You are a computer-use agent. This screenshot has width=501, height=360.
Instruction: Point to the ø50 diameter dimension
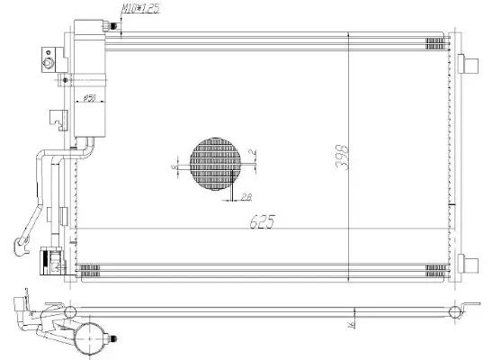tap(90, 97)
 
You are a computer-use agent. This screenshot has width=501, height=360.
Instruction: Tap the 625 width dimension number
tap(262, 220)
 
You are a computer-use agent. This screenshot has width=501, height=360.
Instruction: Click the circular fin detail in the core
tap(216, 165)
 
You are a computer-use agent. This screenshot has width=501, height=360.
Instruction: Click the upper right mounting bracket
tap(469, 66)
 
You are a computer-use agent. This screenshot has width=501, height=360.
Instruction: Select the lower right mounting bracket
tap(469, 265)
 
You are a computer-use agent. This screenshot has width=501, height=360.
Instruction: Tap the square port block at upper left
tap(47, 61)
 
